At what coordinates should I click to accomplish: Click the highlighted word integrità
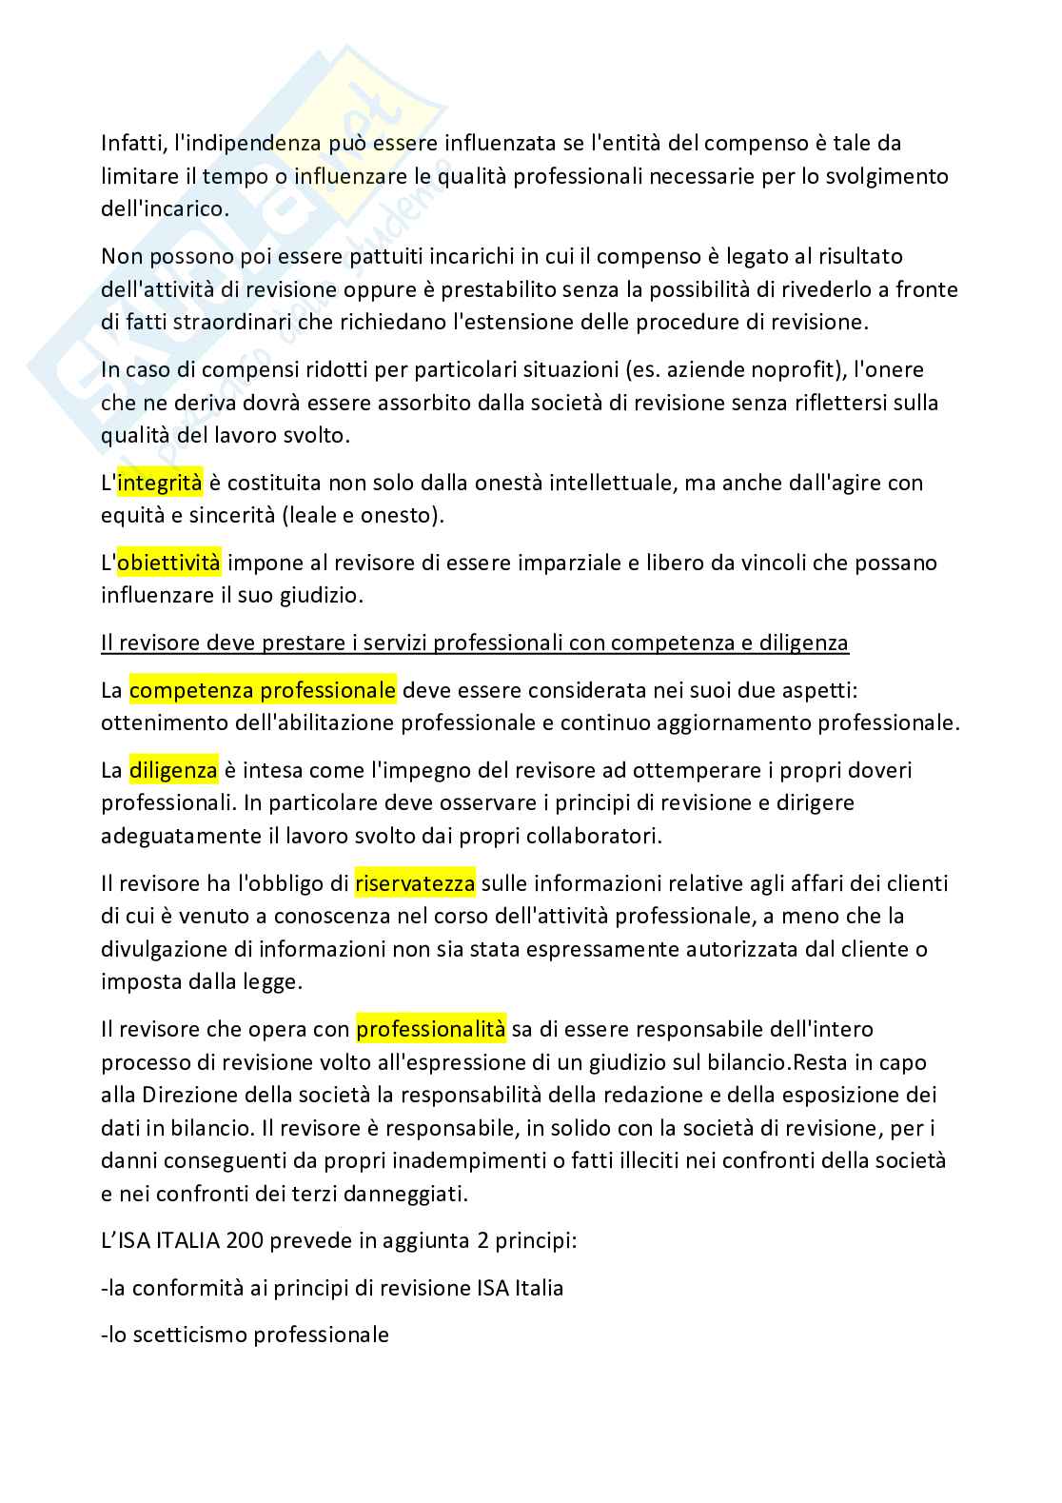pyautogui.click(x=159, y=484)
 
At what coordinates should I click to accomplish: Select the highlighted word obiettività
pyautogui.click(x=168, y=564)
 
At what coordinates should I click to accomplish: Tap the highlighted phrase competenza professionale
pyautogui.click(x=263, y=690)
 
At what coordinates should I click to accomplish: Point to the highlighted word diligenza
pyautogui.click(x=173, y=770)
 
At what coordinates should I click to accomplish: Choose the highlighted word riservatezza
pyautogui.click(x=415, y=884)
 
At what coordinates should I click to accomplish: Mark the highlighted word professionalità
pyautogui.click(x=431, y=1030)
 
